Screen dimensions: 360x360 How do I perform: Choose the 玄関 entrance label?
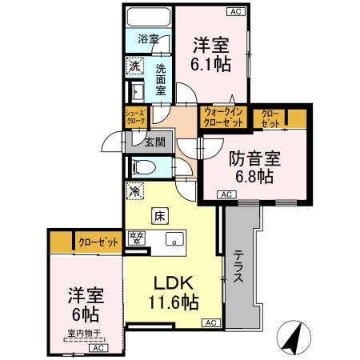154,142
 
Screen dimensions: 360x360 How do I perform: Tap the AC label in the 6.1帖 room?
234,11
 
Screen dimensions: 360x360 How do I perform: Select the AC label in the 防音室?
225,194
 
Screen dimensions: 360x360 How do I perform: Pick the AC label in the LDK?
210,322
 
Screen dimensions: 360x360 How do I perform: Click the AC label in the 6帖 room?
97,348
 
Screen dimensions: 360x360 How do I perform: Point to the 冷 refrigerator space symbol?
134,191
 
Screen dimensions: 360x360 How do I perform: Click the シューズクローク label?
134,117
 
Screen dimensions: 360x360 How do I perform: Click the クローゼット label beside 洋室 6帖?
97,241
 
